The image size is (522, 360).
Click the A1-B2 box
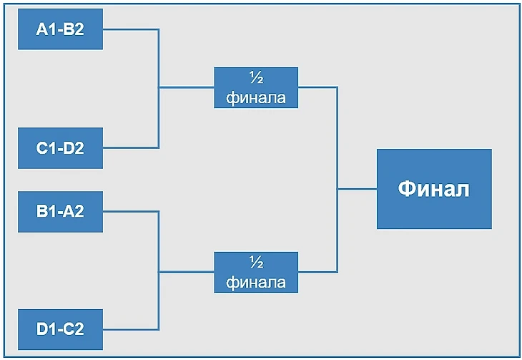coord(60,29)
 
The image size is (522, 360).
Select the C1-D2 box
coord(60,148)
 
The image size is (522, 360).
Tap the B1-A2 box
coord(60,211)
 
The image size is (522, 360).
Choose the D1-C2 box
coord(60,329)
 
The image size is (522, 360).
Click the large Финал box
coord(434,189)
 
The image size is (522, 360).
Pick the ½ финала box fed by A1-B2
coord(256,87)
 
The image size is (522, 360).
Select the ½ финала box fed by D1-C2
coord(256,272)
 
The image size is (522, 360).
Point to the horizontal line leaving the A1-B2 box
coord(130,29)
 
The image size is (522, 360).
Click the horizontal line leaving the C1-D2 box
coord(130,148)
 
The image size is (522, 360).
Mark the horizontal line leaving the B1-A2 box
coord(130,211)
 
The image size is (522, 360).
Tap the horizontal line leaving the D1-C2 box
coord(130,329)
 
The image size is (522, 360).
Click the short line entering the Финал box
coord(357,189)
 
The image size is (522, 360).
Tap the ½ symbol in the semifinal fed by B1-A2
coord(256,262)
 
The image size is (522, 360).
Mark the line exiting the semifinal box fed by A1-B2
coord(317,87)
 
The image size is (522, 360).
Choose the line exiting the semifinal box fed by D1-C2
coord(317,272)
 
